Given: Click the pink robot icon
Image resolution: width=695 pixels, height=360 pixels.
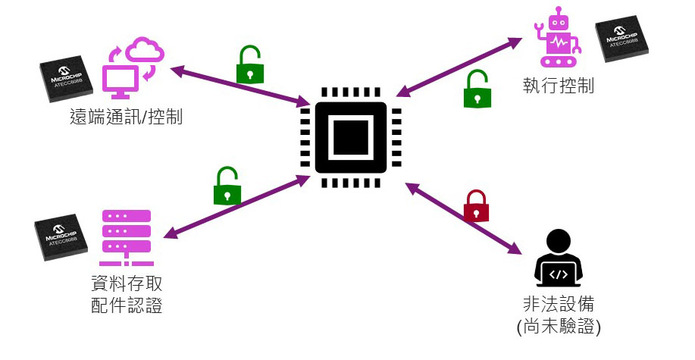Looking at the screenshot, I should pyautogui.click(x=557, y=39).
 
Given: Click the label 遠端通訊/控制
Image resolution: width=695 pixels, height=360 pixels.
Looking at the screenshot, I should pyautogui.click(x=125, y=117).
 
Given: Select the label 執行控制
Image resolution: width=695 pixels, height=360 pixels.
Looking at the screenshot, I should pyautogui.click(x=558, y=85).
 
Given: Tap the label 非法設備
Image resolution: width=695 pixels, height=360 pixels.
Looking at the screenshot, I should pyautogui.click(x=558, y=305).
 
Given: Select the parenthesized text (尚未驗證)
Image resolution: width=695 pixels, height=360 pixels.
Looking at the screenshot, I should pyautogui.click(x=558, y=329).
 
